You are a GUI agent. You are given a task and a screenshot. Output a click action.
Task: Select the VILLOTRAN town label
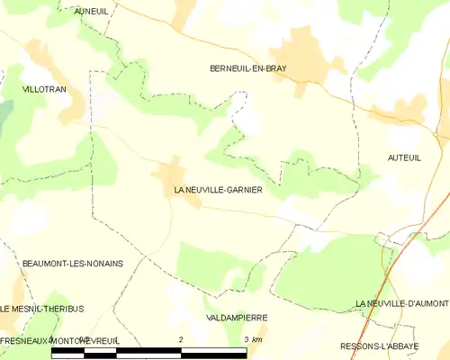pos(44,91)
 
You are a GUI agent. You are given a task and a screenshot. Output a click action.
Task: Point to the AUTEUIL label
pos(404,157)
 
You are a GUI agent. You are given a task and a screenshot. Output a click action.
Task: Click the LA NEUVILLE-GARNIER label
pos(219,191)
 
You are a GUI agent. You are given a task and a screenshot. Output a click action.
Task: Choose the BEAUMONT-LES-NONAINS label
pos(73,263)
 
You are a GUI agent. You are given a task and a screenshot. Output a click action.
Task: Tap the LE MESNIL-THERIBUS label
pos(42,309)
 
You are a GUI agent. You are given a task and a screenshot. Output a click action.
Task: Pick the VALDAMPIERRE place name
pos(237,318)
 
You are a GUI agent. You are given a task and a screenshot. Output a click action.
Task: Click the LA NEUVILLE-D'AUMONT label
pos(401,302)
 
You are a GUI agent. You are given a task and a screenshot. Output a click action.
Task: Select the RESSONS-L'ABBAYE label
pos(392,346)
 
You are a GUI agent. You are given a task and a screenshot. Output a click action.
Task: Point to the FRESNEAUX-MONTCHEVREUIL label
pos(59,341)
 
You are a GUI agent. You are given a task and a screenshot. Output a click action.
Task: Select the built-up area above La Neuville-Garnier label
pos(170,171)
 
